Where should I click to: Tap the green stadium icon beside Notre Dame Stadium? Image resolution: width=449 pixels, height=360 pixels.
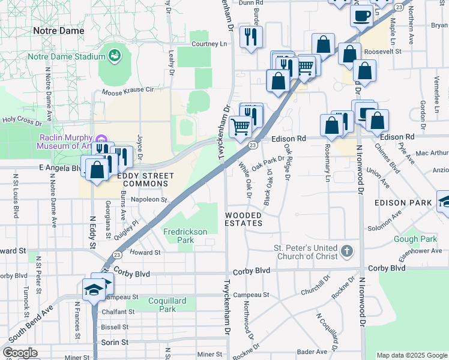113,56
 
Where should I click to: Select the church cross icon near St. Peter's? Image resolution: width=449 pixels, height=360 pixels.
346,251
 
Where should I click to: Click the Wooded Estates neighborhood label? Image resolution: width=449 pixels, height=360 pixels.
244,219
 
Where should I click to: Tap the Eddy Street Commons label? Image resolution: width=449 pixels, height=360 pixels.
145,180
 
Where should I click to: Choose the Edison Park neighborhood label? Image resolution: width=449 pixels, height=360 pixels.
403,203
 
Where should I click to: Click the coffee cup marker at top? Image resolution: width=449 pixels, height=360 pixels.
362,16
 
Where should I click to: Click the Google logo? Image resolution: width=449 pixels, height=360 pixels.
20,353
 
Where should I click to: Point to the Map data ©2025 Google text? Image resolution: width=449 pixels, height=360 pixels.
412,355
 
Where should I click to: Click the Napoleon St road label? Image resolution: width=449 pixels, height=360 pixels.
148,199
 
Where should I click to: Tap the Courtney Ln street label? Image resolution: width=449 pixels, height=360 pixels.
209,44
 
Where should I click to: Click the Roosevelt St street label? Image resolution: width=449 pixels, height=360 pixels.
394,52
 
